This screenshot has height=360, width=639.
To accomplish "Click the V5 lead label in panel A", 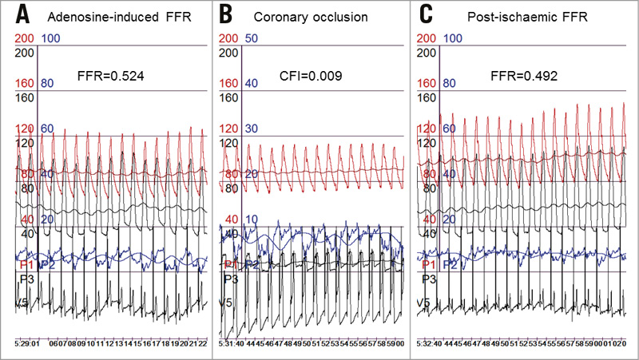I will [x=25, y=302].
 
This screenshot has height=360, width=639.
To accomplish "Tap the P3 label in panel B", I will [x=229, y=279].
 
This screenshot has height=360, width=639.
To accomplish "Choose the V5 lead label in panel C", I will [x=427, y=302].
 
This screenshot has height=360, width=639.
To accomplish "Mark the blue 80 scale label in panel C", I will [x=450, y=83].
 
